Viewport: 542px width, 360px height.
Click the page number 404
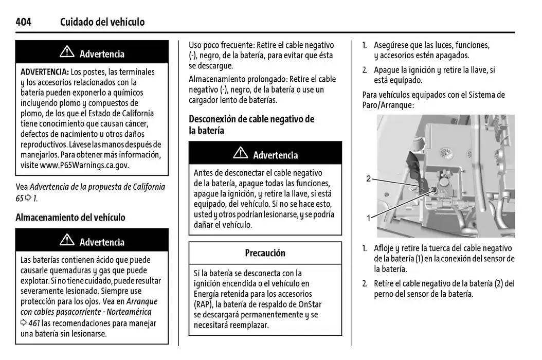click(x=24, y=22)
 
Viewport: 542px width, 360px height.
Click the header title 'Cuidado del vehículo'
click(x=102, y=22)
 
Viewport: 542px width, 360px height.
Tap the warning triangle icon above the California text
click(x=67, y=52)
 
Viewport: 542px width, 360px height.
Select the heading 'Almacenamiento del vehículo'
click(x=70, y=218)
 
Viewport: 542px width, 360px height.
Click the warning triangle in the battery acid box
click(x=67, y=241)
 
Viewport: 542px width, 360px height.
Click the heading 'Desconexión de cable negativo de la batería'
click(x=251, y=124)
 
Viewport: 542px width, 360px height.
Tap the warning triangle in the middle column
click(x=240, y=154)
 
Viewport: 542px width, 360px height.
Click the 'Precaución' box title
click(x=265, y=253)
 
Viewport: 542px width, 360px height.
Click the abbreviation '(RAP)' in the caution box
click(x=204, y=304)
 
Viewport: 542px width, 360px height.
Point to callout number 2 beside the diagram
click(x=368, y=179)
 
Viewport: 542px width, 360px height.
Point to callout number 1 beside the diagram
click(x=368, y=218)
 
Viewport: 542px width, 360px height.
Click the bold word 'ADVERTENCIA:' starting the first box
click(x=44, y=72)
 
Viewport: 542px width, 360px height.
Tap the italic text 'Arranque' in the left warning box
click(x=141, y=301)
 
